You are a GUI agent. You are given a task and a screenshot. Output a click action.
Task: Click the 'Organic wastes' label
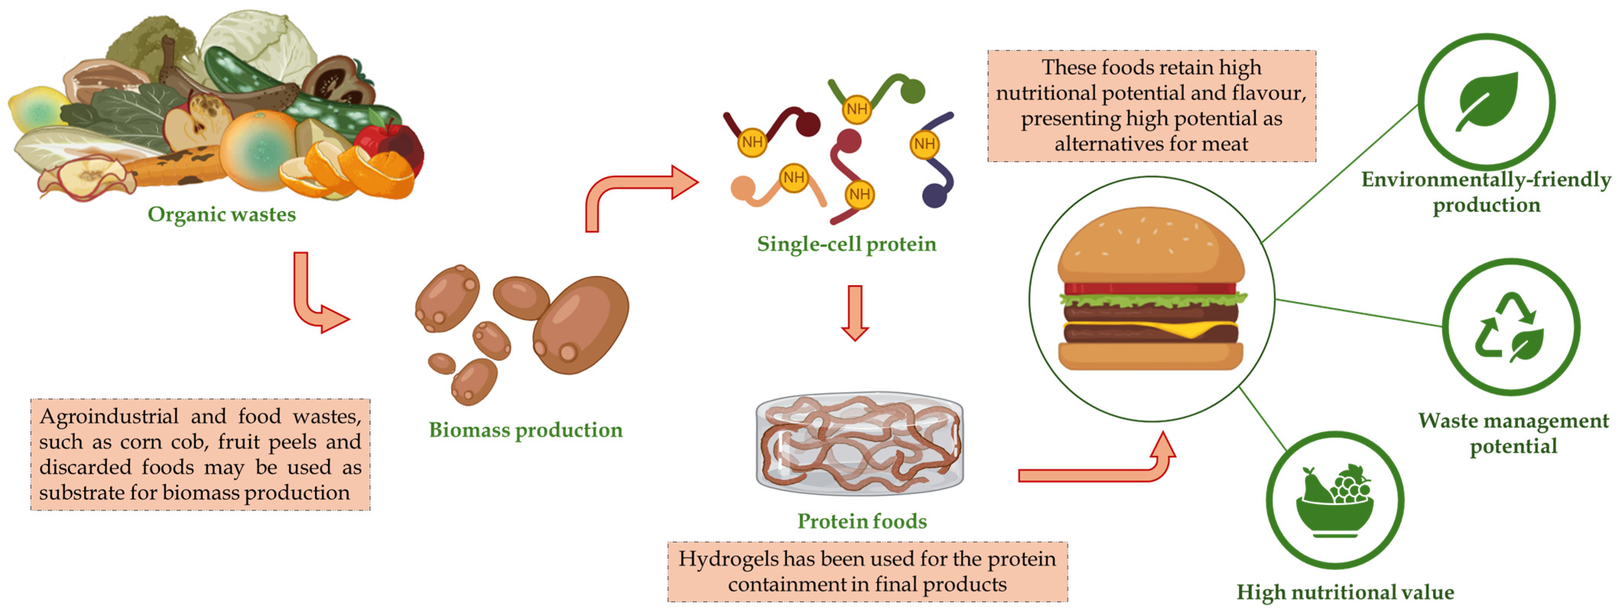point(222,214)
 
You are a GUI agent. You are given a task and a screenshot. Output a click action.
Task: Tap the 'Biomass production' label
point(525,430)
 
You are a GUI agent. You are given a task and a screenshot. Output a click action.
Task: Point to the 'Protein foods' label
point(862,521)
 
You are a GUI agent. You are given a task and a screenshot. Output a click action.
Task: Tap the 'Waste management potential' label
point(1513,433)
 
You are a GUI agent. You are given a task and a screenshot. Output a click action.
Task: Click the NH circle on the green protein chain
point(857,109)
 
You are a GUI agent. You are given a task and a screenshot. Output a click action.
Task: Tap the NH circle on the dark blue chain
point(924,144)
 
